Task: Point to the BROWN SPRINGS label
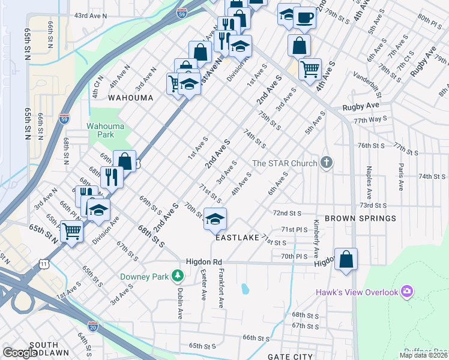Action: pos(360,219)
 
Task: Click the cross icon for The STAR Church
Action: pos(326,163)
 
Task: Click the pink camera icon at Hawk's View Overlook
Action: pos(408,292)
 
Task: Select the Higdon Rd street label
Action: pos(204,262)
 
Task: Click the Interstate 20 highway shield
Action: pos(92,326)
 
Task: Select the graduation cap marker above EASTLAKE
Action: pos(215,219)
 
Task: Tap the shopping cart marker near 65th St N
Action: pos(72,230)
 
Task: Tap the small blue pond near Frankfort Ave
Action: pos(245,289)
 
